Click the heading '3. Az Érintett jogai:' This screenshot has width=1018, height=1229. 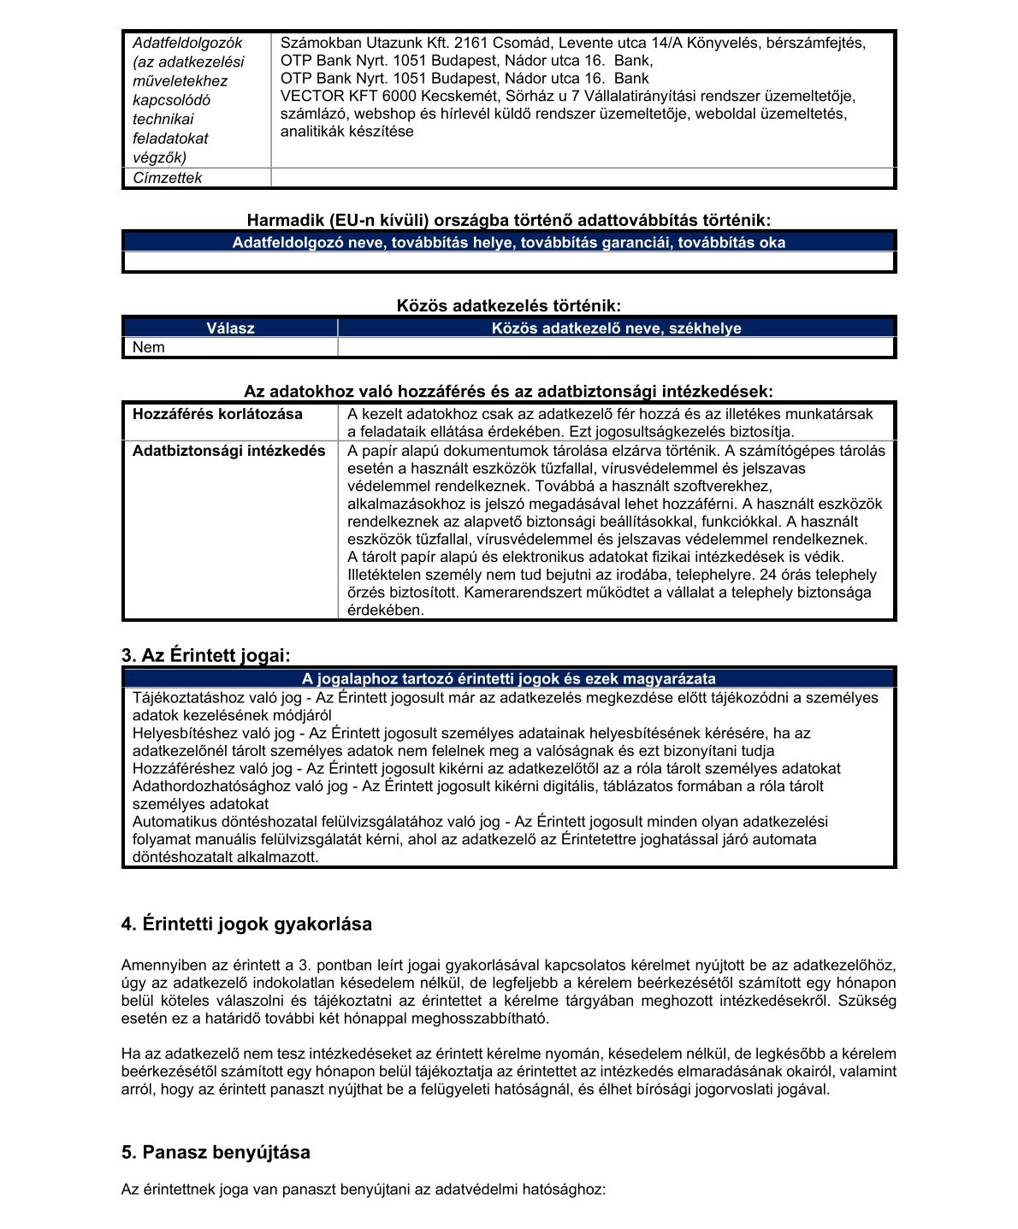pyautogui.click(x=206, y=656)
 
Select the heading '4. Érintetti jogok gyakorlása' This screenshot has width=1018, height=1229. pyautogui.click(x=246, y=925)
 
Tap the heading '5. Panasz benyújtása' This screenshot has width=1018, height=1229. pyautogui.click(x=216, y=1152)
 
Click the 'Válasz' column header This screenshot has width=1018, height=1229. pyautogui.click(x=230, y=328)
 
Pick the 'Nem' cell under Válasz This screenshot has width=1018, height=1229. pyautogui.click(x=149, y=347)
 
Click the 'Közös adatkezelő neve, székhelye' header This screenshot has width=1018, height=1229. pyautogui.click(x=616, y=328)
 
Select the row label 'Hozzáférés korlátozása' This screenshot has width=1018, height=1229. pyautogui.click(x=217, y=414)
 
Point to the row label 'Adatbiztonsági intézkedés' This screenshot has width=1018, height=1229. pyautogui.click(x=228, y=451)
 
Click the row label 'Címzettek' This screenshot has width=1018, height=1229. pyautogui.click(x=168, y=178)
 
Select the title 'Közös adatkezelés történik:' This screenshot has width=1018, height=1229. pyautogui.click(x=508, y=305)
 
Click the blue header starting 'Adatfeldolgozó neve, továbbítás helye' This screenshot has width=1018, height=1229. pyautogui.click(x=508, y=243)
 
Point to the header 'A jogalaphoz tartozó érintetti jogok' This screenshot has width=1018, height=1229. pyautogui.click(x=508, y=679)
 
